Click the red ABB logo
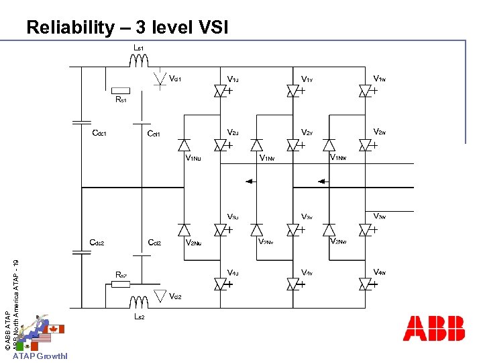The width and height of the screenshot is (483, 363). (433, 327)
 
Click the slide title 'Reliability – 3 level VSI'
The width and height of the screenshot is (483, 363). (127, 28)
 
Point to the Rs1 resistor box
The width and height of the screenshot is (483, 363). (121, 90)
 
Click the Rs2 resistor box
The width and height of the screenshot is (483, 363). (121, 284)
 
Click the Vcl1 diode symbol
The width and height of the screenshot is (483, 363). (160, 79)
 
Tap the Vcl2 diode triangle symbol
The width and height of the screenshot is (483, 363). (160, 294)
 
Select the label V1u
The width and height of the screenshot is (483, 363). (233, 79)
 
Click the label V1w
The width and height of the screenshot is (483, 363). (379, 78)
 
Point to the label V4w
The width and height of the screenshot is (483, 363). (379, 272)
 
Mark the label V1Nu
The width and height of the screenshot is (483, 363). (193, 159)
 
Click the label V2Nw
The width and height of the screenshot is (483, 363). (338, 241)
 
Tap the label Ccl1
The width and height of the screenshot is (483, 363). (154, 133)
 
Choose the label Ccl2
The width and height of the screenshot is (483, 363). (154, 243)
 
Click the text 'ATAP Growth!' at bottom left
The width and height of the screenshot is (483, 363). (40, 356)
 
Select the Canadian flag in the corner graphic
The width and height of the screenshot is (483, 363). (56, 329)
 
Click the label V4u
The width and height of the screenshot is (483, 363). (233, 272)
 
